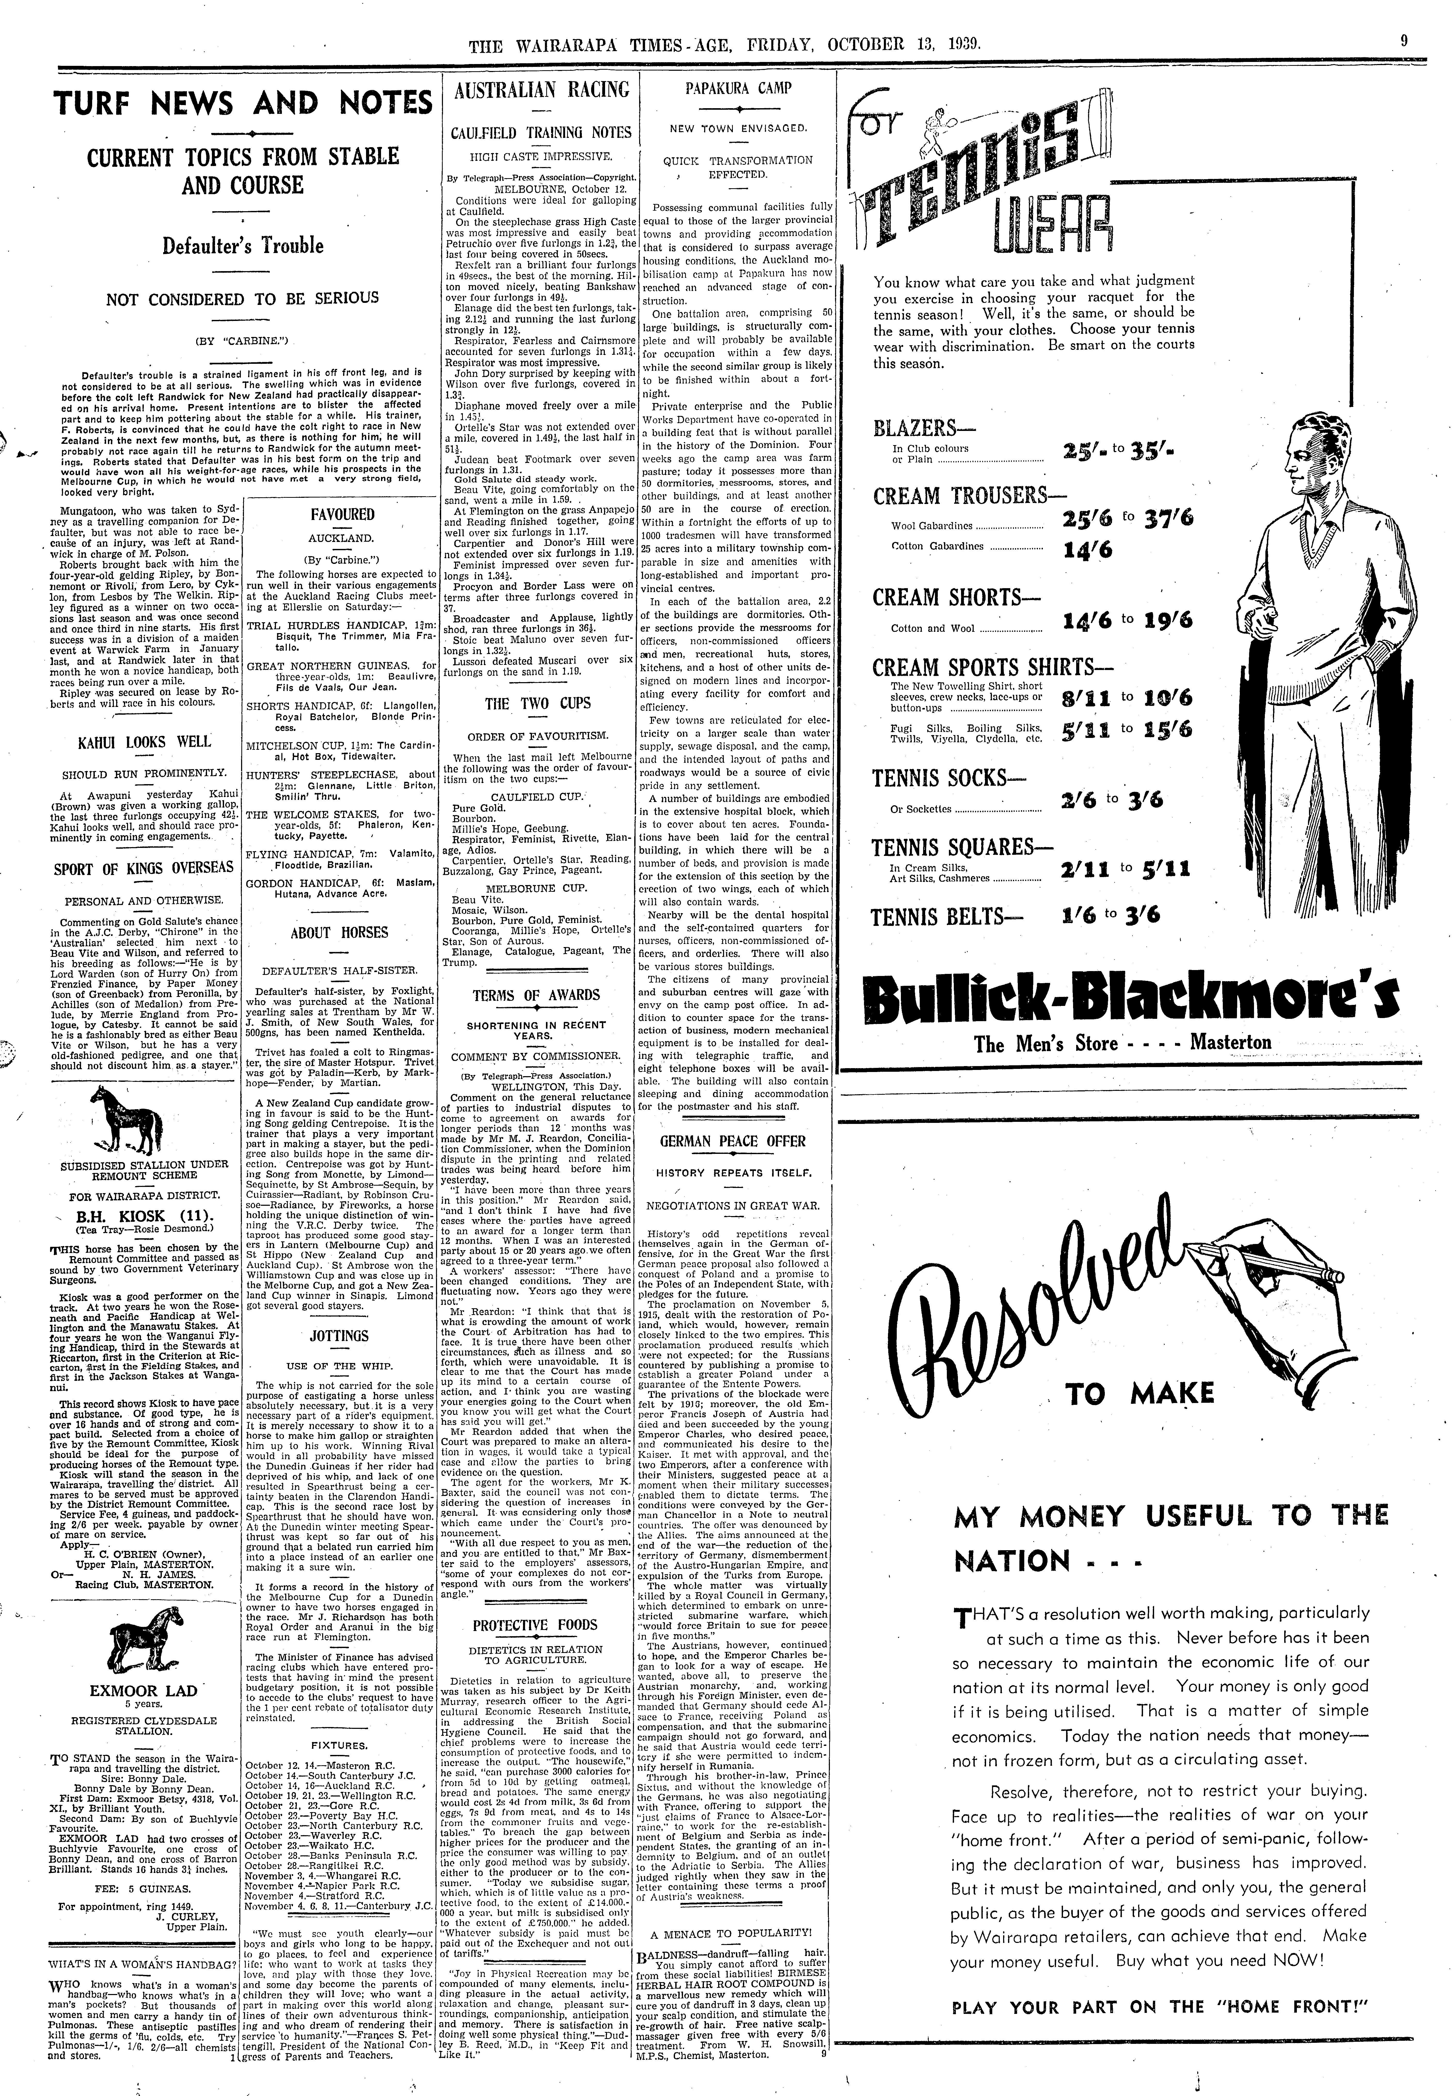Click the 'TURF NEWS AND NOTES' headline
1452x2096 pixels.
(x=243, y=103)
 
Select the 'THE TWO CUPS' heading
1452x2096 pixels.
(x=537, y=703)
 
